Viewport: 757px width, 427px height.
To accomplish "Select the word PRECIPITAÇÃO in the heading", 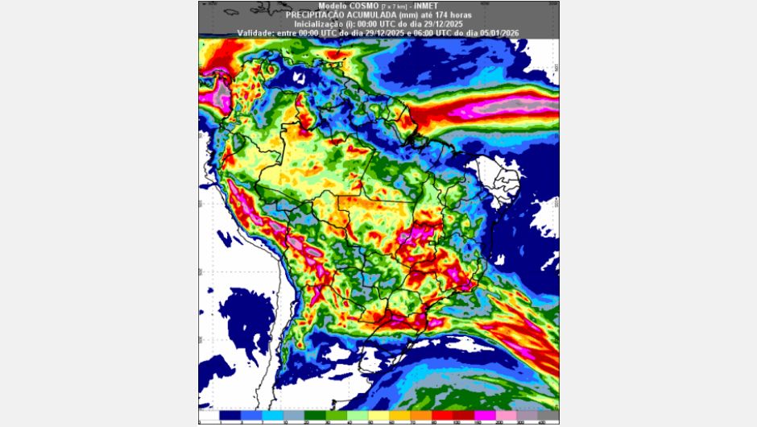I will pyautogui.click(x=316, y=15).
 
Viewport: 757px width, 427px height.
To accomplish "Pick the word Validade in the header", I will pyautogui.click(x=256, y=32).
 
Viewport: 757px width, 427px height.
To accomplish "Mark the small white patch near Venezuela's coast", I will pyautogui.click(x=298, y=78).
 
